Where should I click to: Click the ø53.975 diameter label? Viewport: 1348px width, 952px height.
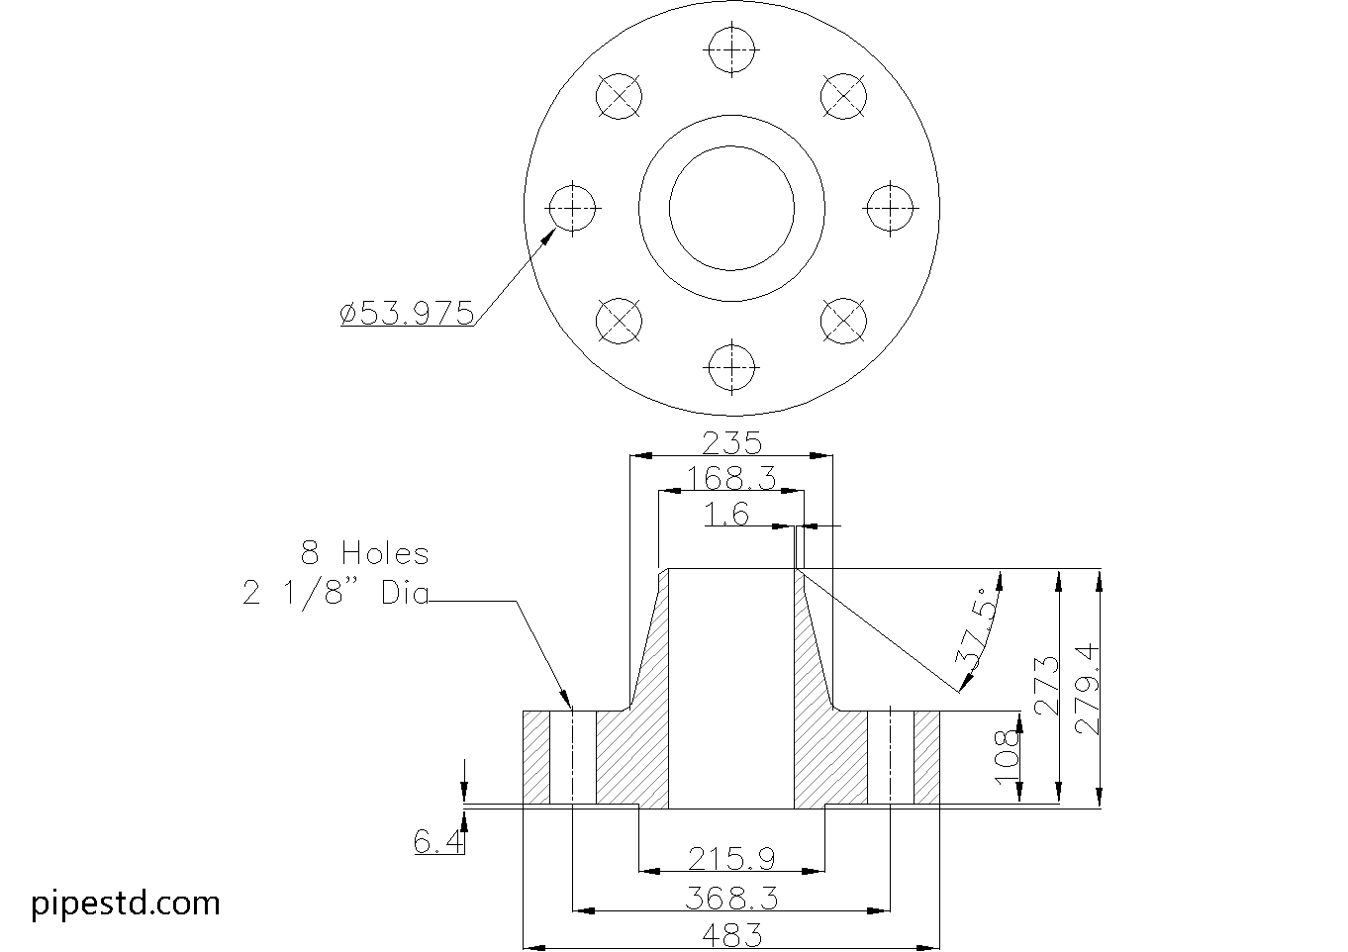pyautogui.click(x=407, y=314)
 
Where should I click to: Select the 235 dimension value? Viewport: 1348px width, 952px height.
pyautogui.click(x=731, y=441)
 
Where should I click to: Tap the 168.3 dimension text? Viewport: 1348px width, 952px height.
pyautogui.click(x=731, y=479)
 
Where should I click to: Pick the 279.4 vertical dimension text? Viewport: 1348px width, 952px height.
pyautogui.click(x=1087, y=688)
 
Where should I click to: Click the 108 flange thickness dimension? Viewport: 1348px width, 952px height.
pyautogui.click(x=1007, y=758)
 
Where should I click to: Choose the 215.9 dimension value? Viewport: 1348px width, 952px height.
pyautogui.click(x=731, y=858)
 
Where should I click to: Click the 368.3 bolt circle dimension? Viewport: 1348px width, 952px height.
pyautogui.click(x=731, y=898)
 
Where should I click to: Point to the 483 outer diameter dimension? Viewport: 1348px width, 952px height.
pyautogui.click(x=731, y=934)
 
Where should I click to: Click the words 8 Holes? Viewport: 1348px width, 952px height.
pyautogui.click(x=364, y=552)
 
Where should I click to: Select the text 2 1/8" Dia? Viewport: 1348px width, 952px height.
pyautogui.click(x=336, y=593)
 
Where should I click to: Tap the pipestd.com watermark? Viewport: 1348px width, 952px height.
pyautogui.click(x=126, y=903)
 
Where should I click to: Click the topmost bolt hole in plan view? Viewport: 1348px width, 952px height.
pyautogui.click(x=731, y=48)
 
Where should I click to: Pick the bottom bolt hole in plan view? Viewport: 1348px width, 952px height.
pyautogui.click(x=731, y=365)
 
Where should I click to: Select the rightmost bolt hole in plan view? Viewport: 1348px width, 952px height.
pyautogui.click(x=890, y=208)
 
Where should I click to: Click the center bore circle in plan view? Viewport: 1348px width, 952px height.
pyautogui.click(x=731, y=208)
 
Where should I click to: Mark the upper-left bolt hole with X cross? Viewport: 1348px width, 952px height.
pyautogui.click(x=620, y=95)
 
